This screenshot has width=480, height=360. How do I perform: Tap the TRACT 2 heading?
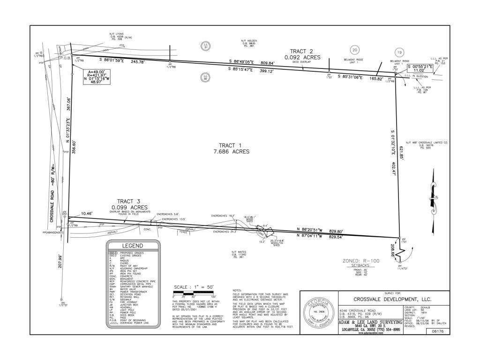[x=302, y=51]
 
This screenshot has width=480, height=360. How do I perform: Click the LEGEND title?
[x=133, y=246]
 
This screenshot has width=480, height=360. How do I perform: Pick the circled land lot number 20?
[x=355, y=50]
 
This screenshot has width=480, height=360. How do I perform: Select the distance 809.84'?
[x=268, y=63]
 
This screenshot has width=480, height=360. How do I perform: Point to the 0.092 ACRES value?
[x=302, y=57]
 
